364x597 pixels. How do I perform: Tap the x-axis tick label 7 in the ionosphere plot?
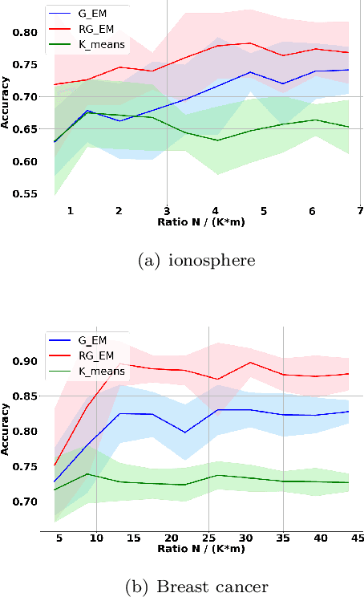[x=360, y=210]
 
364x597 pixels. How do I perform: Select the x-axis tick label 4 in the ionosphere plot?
[x=215, y=210]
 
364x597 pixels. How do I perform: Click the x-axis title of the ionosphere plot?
[x=200, y=221]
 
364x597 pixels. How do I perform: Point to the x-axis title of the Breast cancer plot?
[x=200, y=549]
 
